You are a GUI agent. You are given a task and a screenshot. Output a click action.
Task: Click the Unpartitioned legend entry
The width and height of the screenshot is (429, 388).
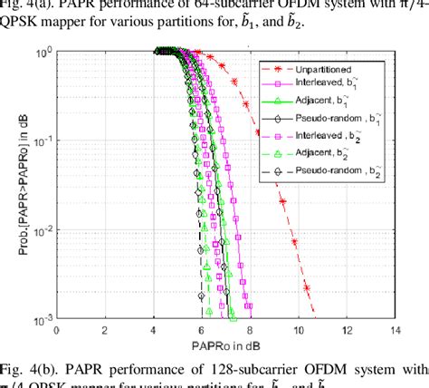click(340, 68)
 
